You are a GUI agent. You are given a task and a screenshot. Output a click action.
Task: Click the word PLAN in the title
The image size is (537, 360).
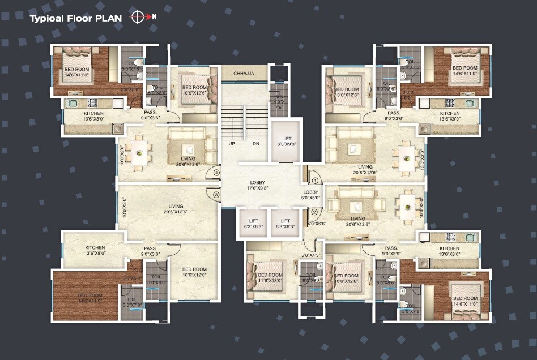[x=109, y=18]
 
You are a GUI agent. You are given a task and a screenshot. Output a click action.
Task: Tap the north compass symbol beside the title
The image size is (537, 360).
[x=138, y=17]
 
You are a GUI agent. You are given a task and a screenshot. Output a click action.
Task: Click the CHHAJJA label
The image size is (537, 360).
[x=244, y=74]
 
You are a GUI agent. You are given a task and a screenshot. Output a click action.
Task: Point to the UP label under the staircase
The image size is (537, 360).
[x=232, y=144]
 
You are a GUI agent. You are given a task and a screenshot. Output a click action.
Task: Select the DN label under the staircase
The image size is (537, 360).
[x=256, y=144]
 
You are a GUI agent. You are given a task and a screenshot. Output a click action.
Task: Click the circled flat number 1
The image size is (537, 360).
[x=314, y=181]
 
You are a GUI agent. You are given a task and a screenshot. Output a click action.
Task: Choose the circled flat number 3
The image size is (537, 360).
[x=216, y=195]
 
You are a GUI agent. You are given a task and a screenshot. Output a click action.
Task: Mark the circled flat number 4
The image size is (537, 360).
[x=216, y=173]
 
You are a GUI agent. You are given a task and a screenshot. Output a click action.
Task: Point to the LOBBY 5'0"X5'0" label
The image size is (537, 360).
[x=311, y=195]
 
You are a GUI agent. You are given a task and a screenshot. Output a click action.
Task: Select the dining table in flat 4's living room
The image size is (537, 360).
[x=138, y=152]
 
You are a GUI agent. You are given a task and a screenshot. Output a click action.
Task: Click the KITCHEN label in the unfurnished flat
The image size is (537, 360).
[x=95, y=251]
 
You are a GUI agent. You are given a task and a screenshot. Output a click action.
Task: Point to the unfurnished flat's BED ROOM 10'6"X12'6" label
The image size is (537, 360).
[x=194, y=272]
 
